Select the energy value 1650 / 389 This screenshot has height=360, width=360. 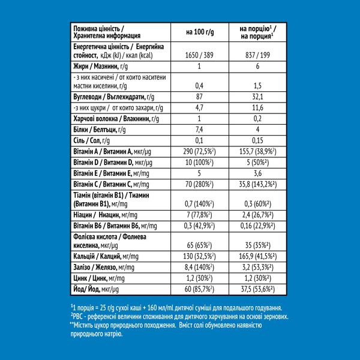199,55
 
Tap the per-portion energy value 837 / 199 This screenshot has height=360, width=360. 257,55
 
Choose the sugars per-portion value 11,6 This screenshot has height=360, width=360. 257,108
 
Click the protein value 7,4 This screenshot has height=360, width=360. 199,130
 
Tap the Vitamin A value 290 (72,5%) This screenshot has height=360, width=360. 199,152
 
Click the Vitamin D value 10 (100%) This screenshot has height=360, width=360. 199,163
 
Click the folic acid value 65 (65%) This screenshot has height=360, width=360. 199,245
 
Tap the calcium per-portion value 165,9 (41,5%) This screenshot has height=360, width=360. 257,257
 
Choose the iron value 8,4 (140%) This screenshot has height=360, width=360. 199,268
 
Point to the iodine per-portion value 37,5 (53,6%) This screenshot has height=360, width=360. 257,289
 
